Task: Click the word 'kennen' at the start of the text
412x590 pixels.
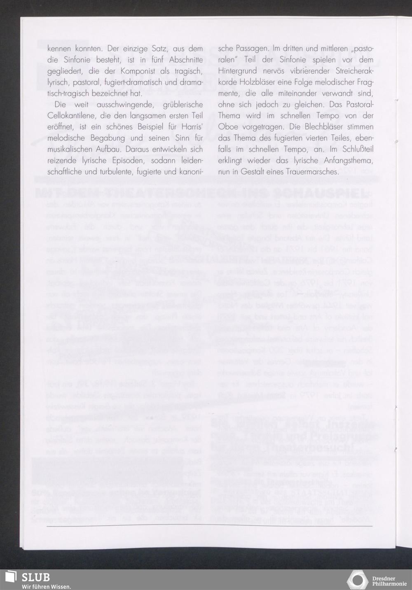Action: (60, 49)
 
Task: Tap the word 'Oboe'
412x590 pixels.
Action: (227, 127)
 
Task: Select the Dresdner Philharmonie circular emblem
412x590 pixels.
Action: (357, 580)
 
